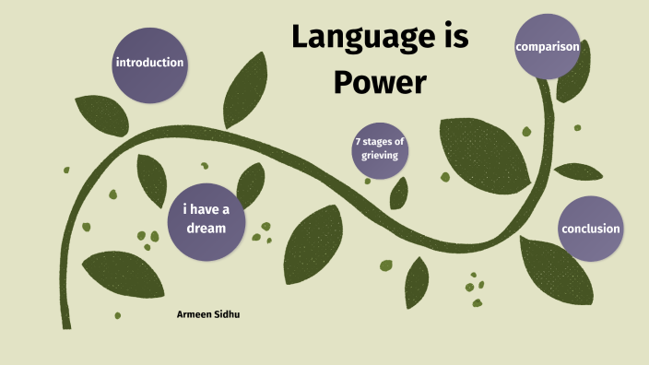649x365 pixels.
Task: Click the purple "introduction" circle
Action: pyautogui.click(x=148, y=64)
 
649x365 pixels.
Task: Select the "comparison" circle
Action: pyautogui.click(x=547, y=46)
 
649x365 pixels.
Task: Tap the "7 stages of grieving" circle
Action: pyautogui.click(x=379, y=148)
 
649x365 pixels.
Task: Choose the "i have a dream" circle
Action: pyautogui.click(x=206, y=218)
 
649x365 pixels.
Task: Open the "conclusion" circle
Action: pyautogui.click(x=590, y=229)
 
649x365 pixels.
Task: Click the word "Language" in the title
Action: pyautogui.click(x=346, y=38)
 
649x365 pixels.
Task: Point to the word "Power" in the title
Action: pyautogui.click(x=379, y=83)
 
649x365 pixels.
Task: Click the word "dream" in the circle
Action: pyautogui.click(x=206, y=227)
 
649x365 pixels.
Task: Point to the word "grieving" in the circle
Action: pyautogui.click(x=379, y=156)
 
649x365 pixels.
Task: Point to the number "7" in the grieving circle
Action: pyautogui.click(x=358, y=142)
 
